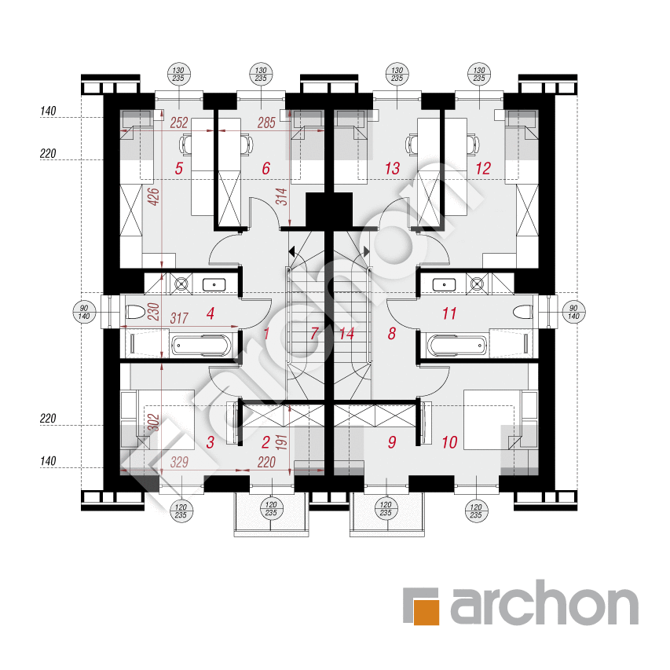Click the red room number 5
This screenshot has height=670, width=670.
179,168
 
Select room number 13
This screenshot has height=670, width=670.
392,168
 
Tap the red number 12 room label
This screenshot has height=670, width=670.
483,168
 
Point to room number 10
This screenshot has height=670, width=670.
449,442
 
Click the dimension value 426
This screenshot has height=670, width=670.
153,196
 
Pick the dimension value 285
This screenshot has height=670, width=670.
266,123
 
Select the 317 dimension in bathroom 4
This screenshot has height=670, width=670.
179,318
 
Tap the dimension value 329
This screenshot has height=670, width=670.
179,462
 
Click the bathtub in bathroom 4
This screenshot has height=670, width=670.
201,346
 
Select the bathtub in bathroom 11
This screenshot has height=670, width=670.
457,346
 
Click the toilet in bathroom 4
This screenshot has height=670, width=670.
137,312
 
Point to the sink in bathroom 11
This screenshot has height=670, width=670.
444,284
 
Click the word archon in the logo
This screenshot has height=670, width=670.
544,602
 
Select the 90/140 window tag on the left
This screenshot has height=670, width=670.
84,312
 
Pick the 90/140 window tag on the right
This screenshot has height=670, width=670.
573,312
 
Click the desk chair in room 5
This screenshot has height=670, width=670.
186,145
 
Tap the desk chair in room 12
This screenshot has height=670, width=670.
473,145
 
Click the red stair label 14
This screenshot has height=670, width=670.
346,333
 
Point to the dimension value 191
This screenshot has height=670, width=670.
281,442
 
